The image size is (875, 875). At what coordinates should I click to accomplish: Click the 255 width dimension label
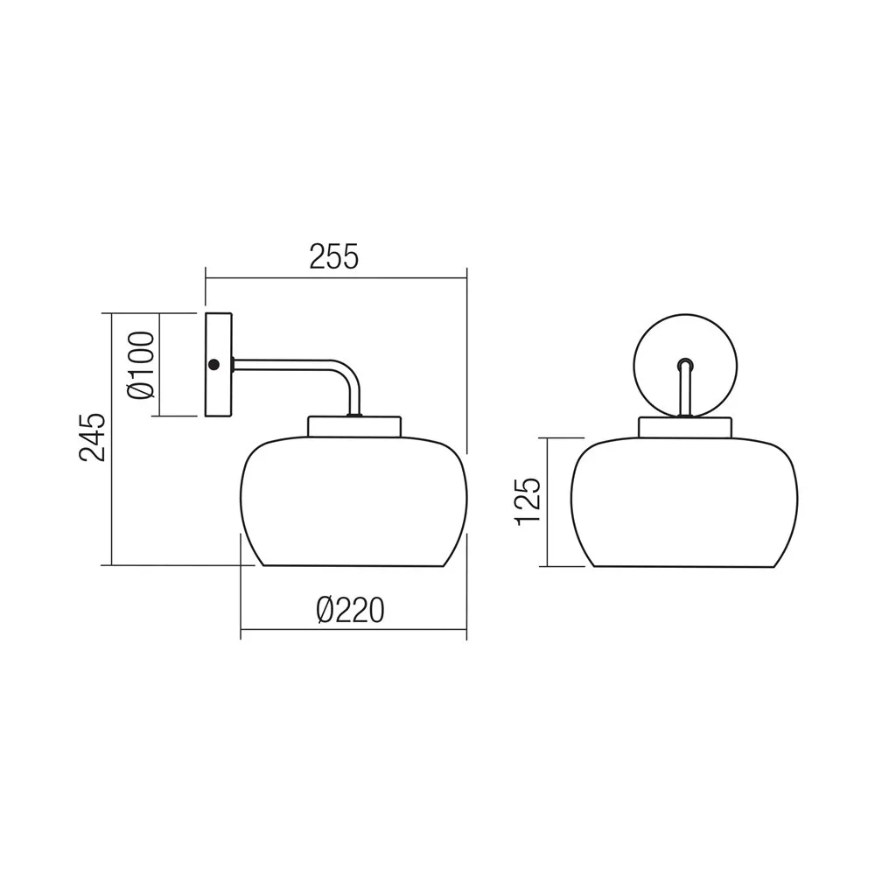point(334,256)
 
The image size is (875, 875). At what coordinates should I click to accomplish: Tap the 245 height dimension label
point(92,437)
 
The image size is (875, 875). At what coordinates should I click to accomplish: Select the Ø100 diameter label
point(141,366)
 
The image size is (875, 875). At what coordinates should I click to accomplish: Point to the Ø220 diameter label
point(351,610)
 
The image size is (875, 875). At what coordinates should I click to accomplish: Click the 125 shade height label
point(528,501)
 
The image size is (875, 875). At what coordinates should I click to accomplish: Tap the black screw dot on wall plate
point(213,365)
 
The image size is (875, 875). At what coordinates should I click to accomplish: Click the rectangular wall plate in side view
point(219,365)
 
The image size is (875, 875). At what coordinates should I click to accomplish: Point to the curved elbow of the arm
point(351,373)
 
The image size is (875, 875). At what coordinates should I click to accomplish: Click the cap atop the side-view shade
point(354,426)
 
